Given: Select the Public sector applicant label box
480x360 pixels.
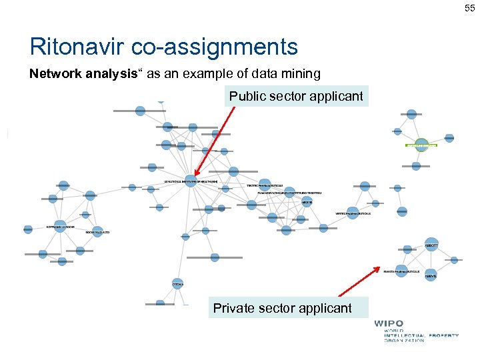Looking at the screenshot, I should click(296, 97).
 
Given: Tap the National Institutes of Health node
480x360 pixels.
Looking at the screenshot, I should click(191, 181).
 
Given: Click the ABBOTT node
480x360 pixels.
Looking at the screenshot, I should click(431, 245).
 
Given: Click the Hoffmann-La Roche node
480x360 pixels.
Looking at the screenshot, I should click(60, 226).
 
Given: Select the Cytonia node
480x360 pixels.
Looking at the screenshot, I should click(177, 284).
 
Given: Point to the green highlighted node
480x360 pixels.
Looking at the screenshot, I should click(421, 145).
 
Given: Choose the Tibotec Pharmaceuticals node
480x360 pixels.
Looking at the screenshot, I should click(265, 185).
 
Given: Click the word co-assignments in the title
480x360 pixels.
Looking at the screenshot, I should click(215, 47).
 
